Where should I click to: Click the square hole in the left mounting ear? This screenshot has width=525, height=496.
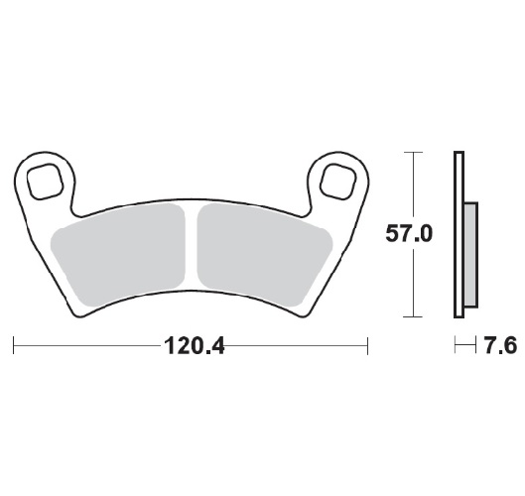pyautogui.click(x=46, y=182)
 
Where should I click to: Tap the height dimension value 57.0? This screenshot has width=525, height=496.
pyautogui.click(x=410, y=235)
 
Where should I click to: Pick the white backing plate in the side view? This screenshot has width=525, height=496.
pyautogui.click(x=459, y=235)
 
